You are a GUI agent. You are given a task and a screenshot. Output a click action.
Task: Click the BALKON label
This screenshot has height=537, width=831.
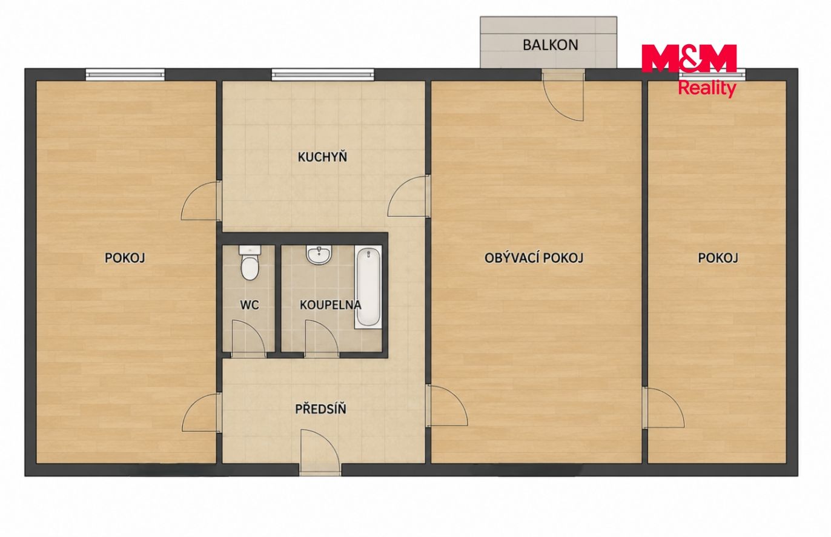(550, 45)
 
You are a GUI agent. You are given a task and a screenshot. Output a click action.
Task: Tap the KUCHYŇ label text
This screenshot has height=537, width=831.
(322, 157)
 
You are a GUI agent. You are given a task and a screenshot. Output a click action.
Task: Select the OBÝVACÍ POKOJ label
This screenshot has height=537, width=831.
(534, 258)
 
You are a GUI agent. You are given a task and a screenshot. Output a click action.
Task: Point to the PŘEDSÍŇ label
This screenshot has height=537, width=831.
(320, 409)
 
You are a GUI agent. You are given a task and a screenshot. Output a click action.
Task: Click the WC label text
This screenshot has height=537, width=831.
(250, 305)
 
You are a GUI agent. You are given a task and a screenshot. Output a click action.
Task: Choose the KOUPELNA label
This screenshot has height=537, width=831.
(330, 305)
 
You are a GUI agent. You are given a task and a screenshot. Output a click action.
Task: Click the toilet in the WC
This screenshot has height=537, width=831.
(250, 263)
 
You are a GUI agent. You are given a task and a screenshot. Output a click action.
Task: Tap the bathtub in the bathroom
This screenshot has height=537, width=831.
(368, 287)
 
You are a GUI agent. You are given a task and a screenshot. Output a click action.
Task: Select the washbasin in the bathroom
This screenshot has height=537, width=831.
(319, 255)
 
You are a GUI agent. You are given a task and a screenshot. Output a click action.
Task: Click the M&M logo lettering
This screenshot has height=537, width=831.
(689, 59)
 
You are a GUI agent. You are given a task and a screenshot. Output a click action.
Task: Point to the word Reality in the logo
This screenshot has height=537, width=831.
(707, 88)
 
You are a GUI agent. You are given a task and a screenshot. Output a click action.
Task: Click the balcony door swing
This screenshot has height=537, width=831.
(563, 96)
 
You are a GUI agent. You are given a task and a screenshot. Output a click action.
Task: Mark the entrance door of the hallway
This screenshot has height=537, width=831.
(320, 452)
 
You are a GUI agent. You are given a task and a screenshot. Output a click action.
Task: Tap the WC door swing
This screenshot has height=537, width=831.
(248, 338)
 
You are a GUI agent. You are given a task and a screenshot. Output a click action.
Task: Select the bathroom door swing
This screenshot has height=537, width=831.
(322, 338)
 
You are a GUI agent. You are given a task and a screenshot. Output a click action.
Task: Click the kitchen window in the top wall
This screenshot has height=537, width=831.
(323, 74)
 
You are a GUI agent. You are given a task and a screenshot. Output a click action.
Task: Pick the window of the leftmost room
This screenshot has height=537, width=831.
(125, 74)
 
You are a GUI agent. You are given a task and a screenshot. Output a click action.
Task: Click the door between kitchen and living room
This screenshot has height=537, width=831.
(409, 196)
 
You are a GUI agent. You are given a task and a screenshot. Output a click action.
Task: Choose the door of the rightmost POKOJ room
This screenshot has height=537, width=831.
(664, 407)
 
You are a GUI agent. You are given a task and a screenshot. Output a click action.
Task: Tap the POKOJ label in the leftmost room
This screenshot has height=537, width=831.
(125, 258)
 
